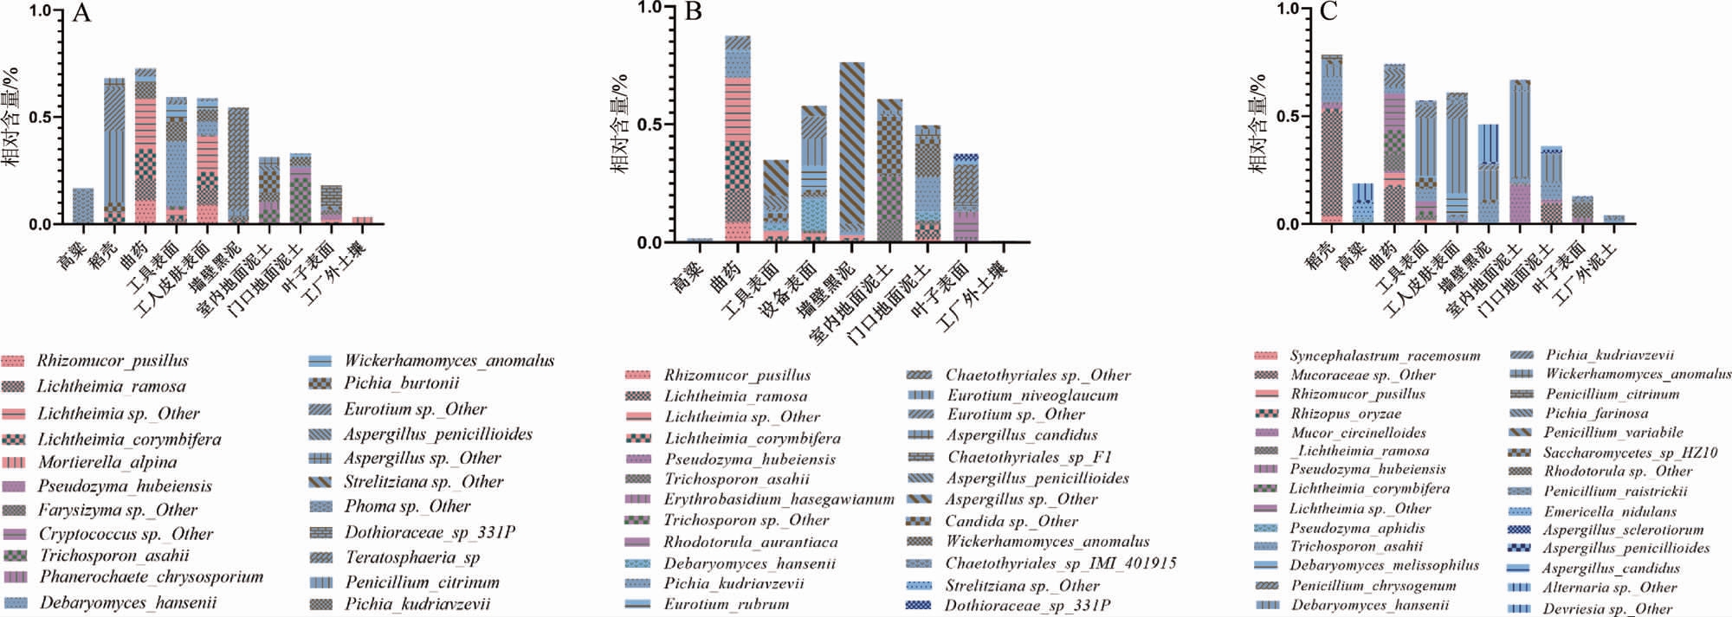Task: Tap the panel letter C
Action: (1328, 11)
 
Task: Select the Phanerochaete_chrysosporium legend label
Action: (151, 577)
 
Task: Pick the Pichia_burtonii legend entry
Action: (401, 383)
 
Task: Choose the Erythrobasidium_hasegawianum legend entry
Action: (779, 499)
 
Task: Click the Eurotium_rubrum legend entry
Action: (726, 604)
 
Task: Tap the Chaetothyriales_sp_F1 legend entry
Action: (1029, 457)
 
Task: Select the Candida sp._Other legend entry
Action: (1011, 521)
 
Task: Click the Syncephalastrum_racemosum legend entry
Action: (1384, 356)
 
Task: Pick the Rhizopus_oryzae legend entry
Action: (1345, 414)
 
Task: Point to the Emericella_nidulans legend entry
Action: (1610, 511)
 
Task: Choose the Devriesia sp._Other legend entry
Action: (1606, 608)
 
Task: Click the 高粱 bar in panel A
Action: (83, 206)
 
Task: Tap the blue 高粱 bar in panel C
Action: (1362, 203)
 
